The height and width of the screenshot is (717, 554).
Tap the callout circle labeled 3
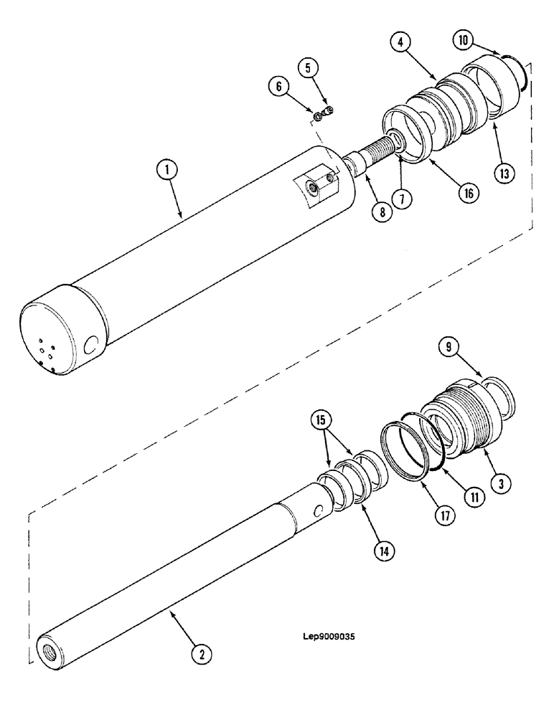coord(500,484)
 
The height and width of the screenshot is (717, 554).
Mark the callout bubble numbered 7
coord(406,198)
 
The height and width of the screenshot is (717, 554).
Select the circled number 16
coord(468,192)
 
